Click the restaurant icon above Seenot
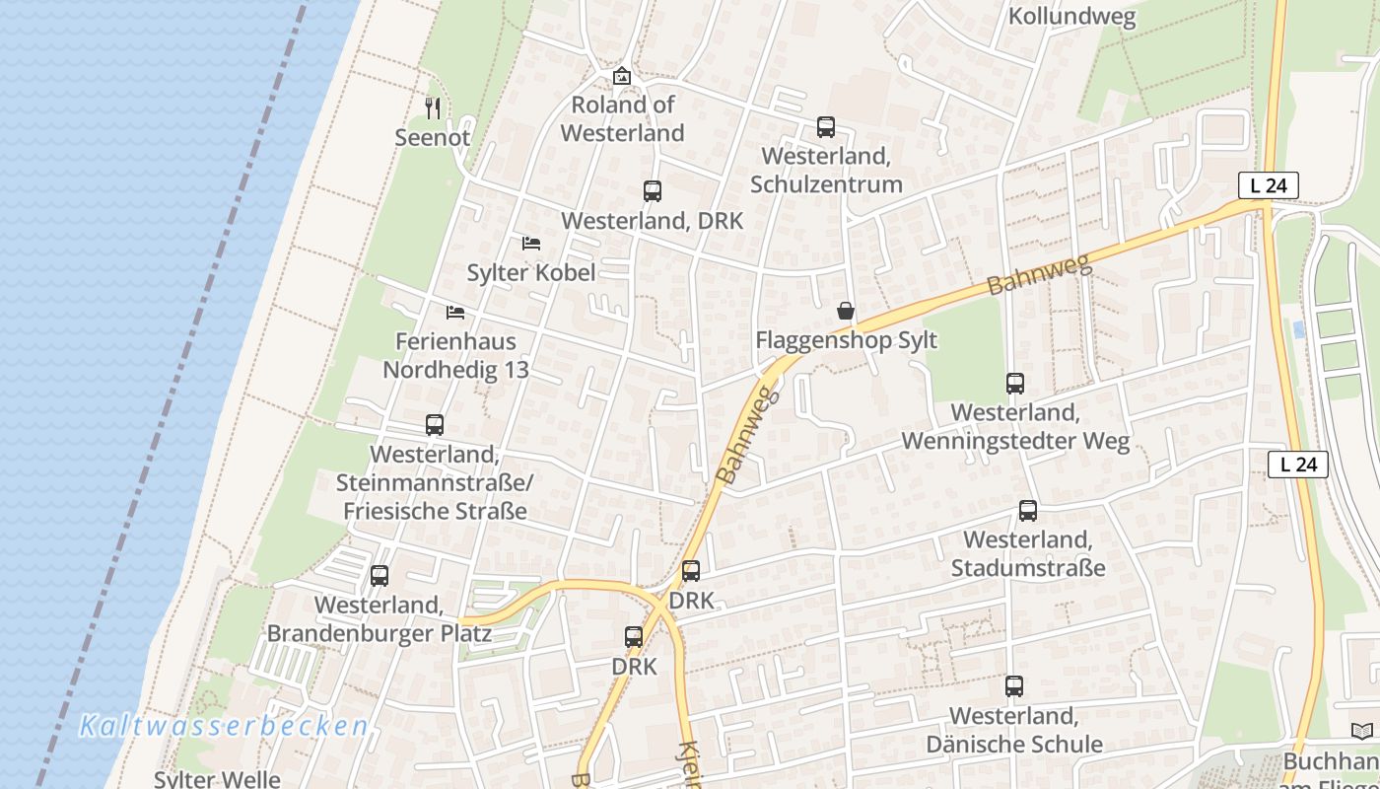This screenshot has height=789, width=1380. pyautogui.click(x=433, y=108)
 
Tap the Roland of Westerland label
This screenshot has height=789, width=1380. pyautogui.click(x=622, y=118)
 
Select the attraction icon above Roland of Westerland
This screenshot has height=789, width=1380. pyautogui.click(x=622, y=76)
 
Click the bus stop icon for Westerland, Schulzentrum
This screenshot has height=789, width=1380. pyautogui.click(x=826, y=127)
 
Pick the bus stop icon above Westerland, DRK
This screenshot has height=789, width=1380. pyautogui.click(x=652, y=191)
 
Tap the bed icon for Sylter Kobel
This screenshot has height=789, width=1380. pyautogui.click(x=531, y=243)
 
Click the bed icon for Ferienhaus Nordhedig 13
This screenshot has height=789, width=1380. pyautogui.click(x=455, y=313)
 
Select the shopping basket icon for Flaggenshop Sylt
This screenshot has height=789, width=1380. pyautogui.click(x=846, y=312)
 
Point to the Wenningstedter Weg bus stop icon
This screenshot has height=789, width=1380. pyautogui.click(x=1015, y=384)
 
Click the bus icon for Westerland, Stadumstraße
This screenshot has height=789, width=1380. pyautogui.click(x=1028, y=511)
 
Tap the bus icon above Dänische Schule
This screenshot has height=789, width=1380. pyautogui.click(x=1014, y=686)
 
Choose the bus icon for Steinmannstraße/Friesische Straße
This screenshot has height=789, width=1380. pyautogui.click(x=435, y=425)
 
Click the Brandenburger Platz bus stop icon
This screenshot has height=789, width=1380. pyautogui.click(x=379, y=576)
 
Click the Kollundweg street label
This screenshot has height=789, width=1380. pyautogui.click(x=1071, y=17)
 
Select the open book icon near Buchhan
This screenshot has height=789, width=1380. pyautogui.click(x=1361, y=732)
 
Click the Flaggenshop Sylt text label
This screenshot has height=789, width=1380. pyautogui.click(x=846, y=340)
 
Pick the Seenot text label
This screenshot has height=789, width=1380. pyautogui.click(x=433, y=137)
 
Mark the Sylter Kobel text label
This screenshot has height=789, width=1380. pyautogui.click(x=531, y=272)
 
